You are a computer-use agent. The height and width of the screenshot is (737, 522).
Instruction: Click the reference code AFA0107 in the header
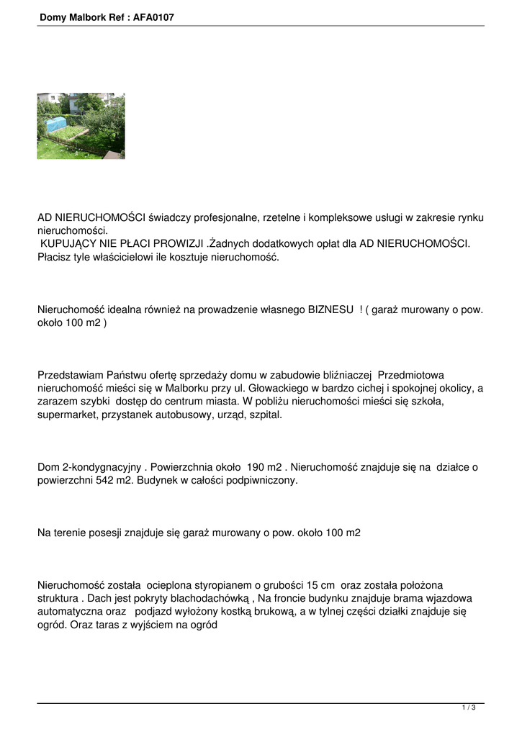153,17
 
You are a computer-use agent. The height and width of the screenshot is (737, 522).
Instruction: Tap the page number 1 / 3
469,708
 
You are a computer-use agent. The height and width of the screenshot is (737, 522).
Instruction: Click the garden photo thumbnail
81,126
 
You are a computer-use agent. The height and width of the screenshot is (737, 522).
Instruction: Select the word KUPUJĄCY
70,244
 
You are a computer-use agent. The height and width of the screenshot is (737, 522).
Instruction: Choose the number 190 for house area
258,468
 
